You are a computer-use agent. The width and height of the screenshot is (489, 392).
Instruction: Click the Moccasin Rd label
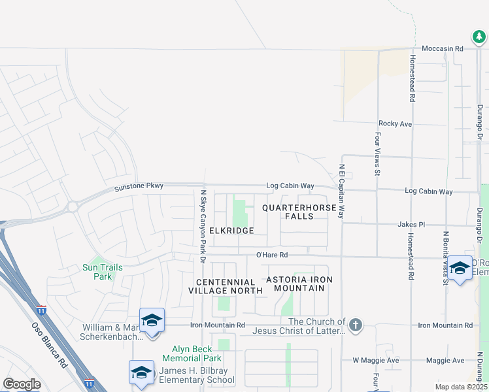tap(442, 48)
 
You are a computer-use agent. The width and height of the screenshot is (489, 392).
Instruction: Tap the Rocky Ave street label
tap(395, 123)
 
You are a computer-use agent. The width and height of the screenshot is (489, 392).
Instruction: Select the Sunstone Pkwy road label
tap(139, 187)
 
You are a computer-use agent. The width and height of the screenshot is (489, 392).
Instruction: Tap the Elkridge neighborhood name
tap(231, 231)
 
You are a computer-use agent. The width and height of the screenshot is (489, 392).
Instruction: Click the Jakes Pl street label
tap(411, 224)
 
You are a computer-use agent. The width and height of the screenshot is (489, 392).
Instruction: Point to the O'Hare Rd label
tap(272, 255)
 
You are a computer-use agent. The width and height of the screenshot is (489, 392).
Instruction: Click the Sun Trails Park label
tap(98, 271)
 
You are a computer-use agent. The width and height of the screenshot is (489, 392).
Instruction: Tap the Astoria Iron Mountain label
tap(299, 284)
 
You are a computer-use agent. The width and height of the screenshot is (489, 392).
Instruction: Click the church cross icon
tap(356, 325)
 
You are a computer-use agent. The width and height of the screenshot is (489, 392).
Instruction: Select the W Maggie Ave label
tap(375, 360)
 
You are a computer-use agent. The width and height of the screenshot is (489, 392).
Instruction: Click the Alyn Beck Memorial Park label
tap(197, 353)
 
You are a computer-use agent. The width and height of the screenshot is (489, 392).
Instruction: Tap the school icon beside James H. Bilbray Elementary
tap(141, 372)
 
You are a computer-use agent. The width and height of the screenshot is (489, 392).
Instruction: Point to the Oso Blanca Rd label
tap(50, 343)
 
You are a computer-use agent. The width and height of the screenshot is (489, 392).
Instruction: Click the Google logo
tap(22, 384)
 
